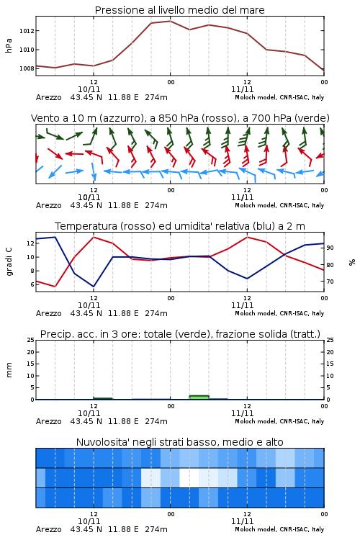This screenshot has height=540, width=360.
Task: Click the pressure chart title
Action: click(x=179, y=10)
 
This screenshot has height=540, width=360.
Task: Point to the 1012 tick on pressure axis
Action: click(x=27, y=31)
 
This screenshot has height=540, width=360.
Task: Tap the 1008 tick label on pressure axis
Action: click(x=27, y=68)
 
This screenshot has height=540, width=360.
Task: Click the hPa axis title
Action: click(x=9, y=45)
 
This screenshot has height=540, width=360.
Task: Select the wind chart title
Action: click(x=180, y=118)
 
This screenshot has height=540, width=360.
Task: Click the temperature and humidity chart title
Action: click(x=180, y=226)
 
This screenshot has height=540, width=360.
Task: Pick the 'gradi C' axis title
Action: click(x=9, y=261)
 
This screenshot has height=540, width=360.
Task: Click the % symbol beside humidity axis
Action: click(x=352, y=262)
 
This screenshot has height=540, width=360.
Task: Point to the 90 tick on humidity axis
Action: click(x=330, y=248)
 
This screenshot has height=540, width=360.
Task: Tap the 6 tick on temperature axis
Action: click(x=32, y=284)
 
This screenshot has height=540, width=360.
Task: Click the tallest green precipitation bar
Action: click(x=199, y=397)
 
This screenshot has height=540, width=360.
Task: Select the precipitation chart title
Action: click(x=180, y=334)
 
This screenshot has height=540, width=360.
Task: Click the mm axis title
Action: click(x=9, y=370)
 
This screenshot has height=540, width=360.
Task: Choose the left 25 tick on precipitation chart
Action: click(x=31, y=340)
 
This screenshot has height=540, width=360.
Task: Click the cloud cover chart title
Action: click(x=179, y=442)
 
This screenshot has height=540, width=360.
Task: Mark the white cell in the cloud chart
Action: click(x=189, y=477)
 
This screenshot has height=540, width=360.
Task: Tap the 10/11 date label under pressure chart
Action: click(x=89, y=89)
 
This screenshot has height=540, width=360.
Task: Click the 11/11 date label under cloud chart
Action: click(x=242, y=521)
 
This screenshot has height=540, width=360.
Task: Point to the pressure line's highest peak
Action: click(x=170, y=21)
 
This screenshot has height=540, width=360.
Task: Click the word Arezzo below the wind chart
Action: click(x=48, y=205)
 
